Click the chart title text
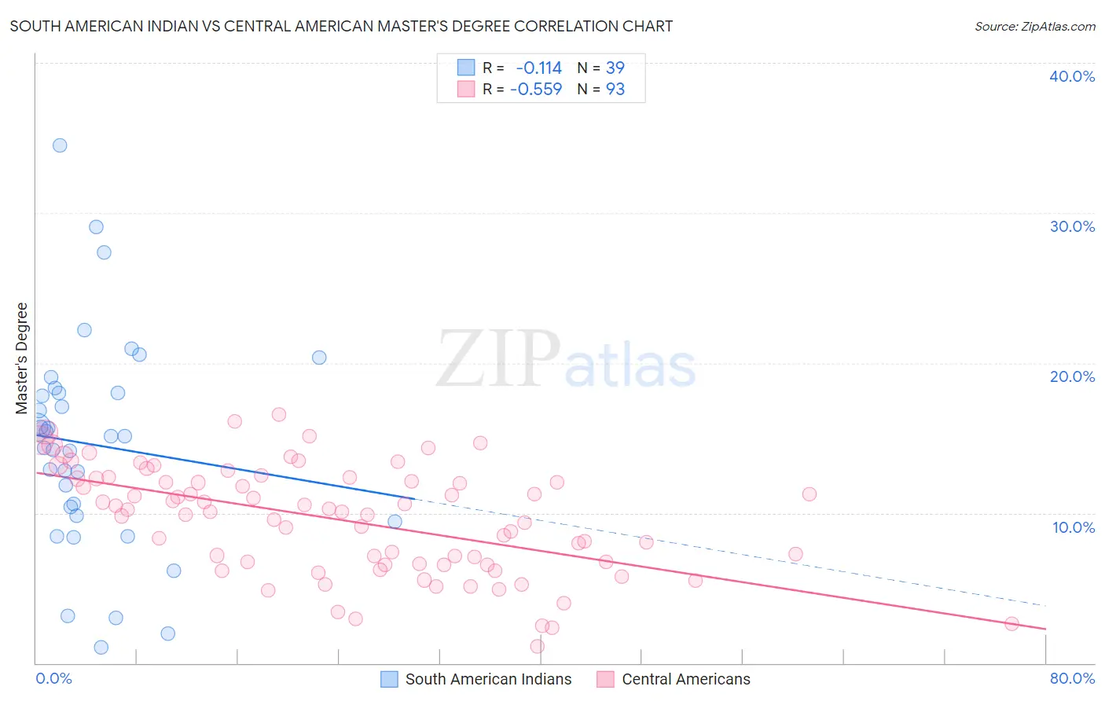coord(341,26)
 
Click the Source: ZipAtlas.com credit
coord(1034,26)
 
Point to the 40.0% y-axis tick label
coord(1072,76)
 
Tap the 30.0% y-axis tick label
coord(1072,226)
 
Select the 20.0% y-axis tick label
coord(1072,376)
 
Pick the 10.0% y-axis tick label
coord(1074,527)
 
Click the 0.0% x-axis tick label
coord(53,678)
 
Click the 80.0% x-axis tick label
coord(1072,678)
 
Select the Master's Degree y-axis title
coord(22,358)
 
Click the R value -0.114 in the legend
coord(538,68)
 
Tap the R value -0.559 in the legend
coord(536,89)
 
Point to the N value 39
coord(615,68)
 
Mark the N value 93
coord(615,89)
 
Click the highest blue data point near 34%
coord(60,145)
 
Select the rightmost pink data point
coord(1011,623)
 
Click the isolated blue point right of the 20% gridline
coord(319,358)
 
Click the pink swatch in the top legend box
coord(466,89)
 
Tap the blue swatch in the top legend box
coord(466,68)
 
